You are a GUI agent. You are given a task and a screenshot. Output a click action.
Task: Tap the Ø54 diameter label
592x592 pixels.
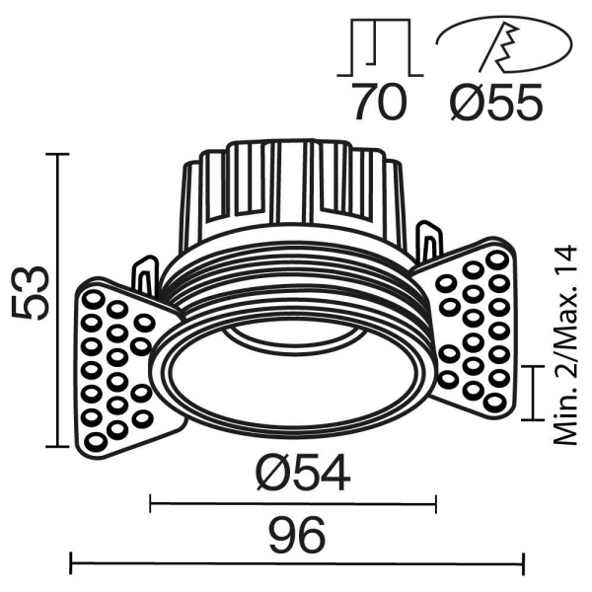[x=302, y=476]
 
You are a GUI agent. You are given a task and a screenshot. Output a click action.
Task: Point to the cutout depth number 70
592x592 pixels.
[x=380, y=103]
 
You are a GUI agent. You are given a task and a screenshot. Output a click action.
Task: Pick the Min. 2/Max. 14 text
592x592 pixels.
[x=564, y=346]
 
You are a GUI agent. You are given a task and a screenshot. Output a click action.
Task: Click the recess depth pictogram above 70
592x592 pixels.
[x=379, y=48]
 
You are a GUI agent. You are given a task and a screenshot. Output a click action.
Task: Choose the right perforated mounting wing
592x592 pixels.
[x=472, y=331]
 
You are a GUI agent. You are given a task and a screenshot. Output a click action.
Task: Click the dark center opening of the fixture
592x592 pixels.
[x=296, y=380]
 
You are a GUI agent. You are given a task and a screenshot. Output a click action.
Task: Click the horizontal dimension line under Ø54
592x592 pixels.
[x=292, y=504]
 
